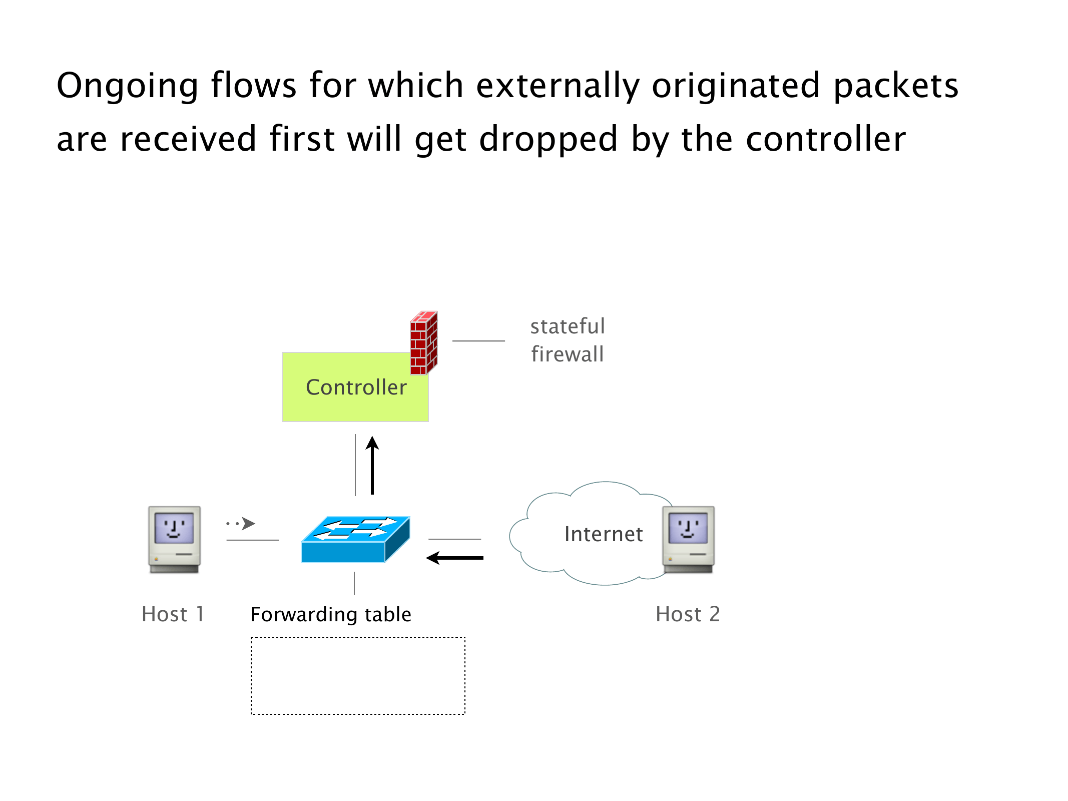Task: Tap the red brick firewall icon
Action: (423, 343)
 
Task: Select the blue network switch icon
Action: (355, 540)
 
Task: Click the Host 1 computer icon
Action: (174, 539)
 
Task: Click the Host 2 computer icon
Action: (688, 539)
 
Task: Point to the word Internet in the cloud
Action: (603, 534)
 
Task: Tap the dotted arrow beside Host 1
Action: (241, 524)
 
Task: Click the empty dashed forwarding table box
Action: (358, 675)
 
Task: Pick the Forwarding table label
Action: (331, 614)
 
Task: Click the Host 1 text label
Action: (173, 614)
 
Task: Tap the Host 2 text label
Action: (688, 614)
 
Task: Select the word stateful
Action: (568, 326)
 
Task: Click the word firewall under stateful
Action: (568, 354)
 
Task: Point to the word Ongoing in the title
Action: (127, 86)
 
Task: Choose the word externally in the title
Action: (558, 86)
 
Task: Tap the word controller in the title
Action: (826, 139)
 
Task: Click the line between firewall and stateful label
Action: (478, 341)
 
